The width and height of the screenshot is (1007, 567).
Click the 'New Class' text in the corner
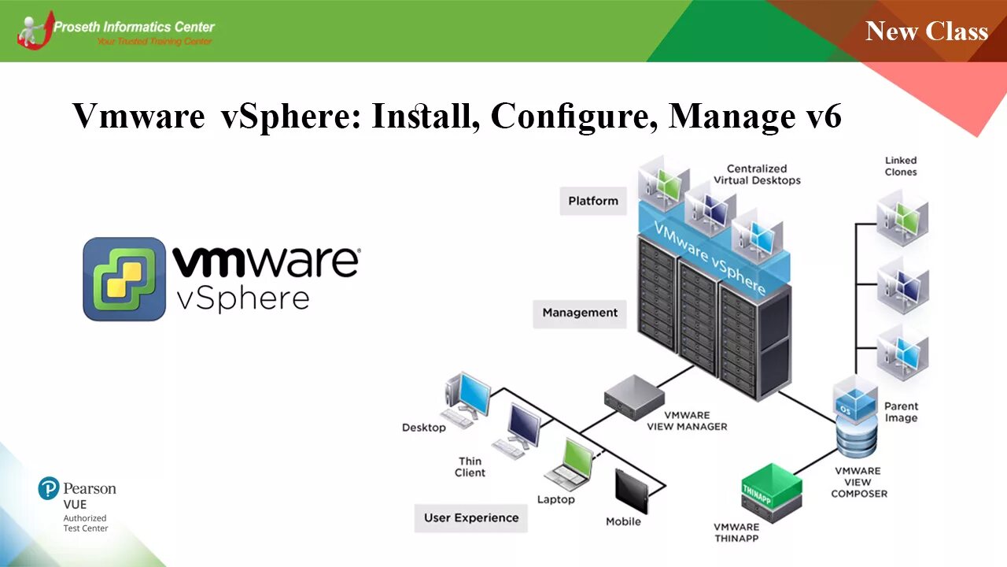[926, 31]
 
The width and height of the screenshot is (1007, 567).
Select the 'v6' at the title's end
[824, 116]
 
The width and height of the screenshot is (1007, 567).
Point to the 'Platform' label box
[593, 201]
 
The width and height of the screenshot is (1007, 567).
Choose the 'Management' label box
[580, 313]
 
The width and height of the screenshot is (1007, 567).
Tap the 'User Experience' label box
[471, 517]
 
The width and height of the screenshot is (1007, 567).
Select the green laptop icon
[571, 465]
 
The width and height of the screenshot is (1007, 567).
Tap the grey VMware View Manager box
[634, 391]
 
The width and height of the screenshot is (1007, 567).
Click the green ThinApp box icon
[771, 489]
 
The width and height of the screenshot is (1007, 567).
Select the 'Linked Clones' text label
[901, 166]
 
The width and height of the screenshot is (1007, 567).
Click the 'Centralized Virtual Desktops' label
[757, 174]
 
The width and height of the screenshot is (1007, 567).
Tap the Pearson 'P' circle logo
[49, 488]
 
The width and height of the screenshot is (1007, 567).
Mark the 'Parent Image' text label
[901, 412]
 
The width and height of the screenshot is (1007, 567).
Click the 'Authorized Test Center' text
[85, 523]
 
